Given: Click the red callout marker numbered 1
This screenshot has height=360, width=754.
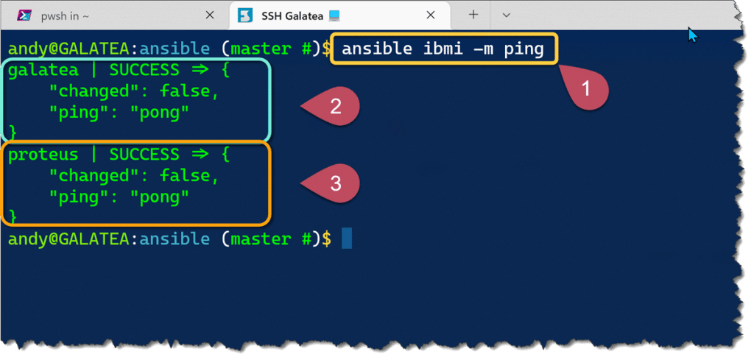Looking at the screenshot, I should click(586, 90).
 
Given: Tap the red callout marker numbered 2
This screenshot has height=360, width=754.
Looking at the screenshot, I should click(336, 107).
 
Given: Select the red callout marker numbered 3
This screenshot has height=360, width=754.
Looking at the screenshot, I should click(336, 183).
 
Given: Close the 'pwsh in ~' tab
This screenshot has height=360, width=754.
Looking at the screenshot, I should click(210, 15).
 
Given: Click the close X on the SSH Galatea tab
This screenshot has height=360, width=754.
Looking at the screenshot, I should click(441, 15).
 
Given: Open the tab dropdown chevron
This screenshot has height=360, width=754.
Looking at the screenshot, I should click(507, 15).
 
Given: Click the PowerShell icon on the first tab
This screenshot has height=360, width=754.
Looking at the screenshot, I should click(25, 15).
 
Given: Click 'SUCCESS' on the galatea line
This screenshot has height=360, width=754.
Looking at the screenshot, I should click(144, 71).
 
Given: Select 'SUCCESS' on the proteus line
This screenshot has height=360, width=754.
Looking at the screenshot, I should click(144, 155).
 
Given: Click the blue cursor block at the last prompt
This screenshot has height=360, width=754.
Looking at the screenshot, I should click(347, 239).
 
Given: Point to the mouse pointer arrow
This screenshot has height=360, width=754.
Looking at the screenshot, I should click(691, 34).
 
